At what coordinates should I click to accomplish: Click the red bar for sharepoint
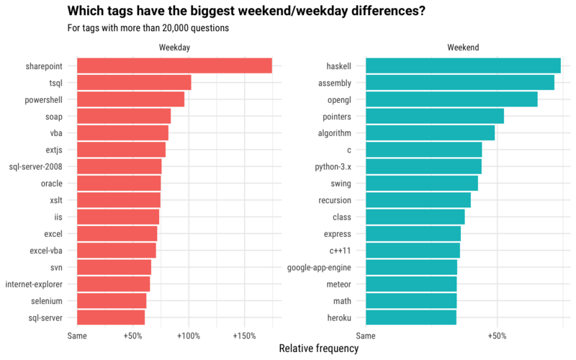pos(174,66)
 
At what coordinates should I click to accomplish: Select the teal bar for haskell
pos(463,66)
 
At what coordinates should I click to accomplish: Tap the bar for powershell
pos(130,99)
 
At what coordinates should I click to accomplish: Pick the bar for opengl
pos(451,99)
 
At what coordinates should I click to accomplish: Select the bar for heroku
pos(411,318)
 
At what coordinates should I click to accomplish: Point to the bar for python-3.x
pos(423,166)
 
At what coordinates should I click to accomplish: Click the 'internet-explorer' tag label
pos(38,284)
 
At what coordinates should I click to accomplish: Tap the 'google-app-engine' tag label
pos(319,268)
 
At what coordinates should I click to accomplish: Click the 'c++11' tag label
pos(340,251)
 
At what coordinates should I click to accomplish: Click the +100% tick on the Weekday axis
pos(188,336)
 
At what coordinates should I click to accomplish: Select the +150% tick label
pos(244,336)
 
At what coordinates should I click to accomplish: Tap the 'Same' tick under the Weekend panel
pos(366,336)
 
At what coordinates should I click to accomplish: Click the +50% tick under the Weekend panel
pos(497,336)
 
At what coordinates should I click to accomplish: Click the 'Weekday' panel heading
pos(174,48)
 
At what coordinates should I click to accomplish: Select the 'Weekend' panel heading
pos(463,48)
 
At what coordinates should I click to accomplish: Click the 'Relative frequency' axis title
pos(318,348)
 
